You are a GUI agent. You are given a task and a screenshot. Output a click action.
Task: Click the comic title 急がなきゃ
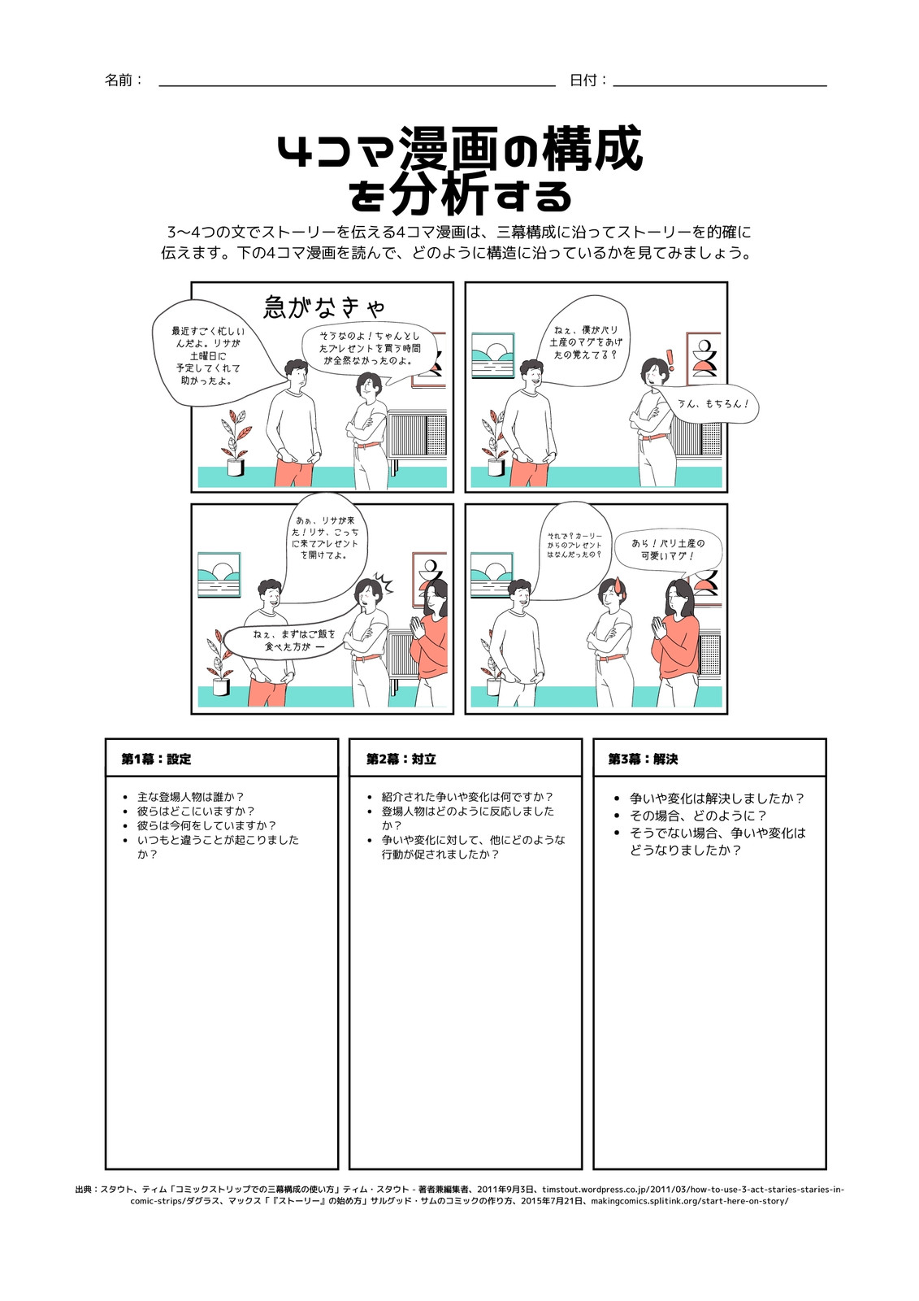(x=324, y=307)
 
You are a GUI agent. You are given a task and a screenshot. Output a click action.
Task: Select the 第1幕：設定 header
(x=156, y=759)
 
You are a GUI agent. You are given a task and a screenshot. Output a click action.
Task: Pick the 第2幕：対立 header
(x=401, y=759)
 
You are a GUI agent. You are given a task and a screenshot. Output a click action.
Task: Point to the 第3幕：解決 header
(x=643, y=759)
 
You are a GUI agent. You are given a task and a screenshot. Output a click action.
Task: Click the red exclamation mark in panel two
(x=671, y=360)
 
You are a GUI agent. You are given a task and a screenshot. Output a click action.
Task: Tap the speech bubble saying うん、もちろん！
(x=710, y=404)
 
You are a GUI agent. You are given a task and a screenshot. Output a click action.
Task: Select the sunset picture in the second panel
(x=493, y=355)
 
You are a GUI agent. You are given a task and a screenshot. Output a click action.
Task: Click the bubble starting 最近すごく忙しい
(x=214, y=355)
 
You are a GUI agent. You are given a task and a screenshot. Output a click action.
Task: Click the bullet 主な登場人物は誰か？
(x=190, y=797)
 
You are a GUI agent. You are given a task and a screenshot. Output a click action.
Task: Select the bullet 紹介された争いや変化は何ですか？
(x=467, y=797)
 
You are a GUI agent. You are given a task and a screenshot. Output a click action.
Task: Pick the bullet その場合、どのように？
(x=699, y=816)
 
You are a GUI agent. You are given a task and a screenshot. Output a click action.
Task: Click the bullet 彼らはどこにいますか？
(x=196, y=811)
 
